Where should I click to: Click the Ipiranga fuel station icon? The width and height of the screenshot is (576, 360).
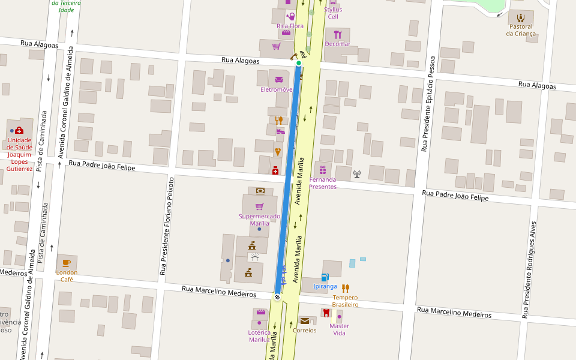(x=325, y=277)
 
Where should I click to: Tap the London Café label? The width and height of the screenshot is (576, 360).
(x=67, y=275)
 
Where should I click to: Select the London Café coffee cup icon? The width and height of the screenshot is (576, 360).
(x=67, y=263)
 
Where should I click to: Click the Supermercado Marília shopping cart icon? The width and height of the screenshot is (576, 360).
(x=259, y=206)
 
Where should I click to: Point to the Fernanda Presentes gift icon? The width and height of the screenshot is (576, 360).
(x=323, y=170)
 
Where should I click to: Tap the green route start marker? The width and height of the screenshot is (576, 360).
(x=298, y=63)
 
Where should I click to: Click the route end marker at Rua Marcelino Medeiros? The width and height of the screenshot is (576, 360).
(x=277, y=296)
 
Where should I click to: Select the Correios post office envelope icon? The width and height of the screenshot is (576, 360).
(x=305, y=320)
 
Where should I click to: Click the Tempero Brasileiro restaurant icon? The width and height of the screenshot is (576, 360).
(x=345, y=288)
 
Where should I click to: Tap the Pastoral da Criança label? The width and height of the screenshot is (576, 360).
(x=520, y=30)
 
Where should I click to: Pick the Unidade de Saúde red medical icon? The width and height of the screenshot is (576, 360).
(x=19, y=130)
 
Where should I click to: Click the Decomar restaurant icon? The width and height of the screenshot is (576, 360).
(x=337, y=34)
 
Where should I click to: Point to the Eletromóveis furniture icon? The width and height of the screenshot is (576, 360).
(x=278, y=79)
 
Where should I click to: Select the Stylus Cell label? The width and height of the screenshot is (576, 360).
(x=333, y=13)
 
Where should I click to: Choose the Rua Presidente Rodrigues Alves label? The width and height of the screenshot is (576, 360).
(x=530, y=261)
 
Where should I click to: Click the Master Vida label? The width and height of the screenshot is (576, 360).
(x=339, y=329)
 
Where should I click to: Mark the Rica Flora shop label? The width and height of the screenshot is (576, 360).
(x=290, y=26)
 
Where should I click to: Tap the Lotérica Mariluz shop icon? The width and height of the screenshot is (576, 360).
(x=260, y=312)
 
